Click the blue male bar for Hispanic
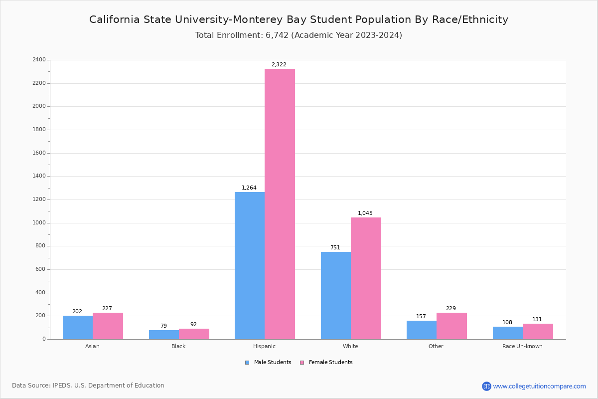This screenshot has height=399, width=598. point(250,265)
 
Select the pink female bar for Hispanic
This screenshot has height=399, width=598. point(280,204)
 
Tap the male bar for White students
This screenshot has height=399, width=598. point(336,295)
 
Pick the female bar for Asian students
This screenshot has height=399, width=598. point(108,326)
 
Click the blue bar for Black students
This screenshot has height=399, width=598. point(164,335)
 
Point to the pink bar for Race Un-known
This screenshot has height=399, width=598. point(538,332)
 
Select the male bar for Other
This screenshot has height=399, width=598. point(422,330)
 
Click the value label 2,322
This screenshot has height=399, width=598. point(279,65)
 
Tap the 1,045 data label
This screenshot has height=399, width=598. point(365,213)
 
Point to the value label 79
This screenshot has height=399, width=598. point(163,326)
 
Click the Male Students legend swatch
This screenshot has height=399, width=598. point(247,363)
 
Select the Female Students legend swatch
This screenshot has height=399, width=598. point(302,363)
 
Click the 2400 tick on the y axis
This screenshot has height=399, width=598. point(39,60)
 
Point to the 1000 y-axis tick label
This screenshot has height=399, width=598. point(39,223)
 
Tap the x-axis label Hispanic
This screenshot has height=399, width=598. point(264,346)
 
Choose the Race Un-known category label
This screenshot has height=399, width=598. point(522,346)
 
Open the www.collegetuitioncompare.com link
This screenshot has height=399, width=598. point(539,386)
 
